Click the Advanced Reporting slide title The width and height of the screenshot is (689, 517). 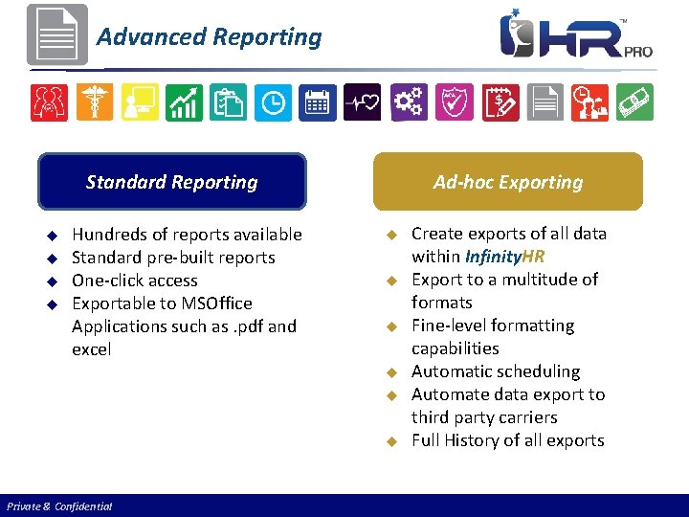tap(210, 37)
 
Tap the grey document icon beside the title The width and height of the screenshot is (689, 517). tap(56, 34)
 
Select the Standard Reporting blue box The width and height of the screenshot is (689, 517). tap(172, 182)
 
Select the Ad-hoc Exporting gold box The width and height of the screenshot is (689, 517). tap(507, 182)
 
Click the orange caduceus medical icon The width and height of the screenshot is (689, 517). tap(95, 102)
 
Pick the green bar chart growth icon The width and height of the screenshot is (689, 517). tap(184, 102)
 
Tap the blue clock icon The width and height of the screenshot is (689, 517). tap(273, 102)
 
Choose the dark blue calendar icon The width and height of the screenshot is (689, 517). tap(318, 102)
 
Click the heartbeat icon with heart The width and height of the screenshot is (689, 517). tap(362, 102)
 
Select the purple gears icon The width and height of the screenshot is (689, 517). tap(408, 102)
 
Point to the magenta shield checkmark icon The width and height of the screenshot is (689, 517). tap(453, 102)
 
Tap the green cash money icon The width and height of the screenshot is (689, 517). tap(633, 102)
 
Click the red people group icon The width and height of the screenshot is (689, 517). tap(49, 102)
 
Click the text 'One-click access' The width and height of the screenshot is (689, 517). tap(135, 281)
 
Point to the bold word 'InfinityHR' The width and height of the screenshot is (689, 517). tap(504, 257)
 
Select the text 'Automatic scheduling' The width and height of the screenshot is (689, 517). tap(496, 371)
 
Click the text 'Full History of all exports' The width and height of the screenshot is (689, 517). tap(507, 440)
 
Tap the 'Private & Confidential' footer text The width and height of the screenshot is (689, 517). tap(59, 506)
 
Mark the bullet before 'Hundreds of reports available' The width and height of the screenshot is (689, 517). tap(54, 236)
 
